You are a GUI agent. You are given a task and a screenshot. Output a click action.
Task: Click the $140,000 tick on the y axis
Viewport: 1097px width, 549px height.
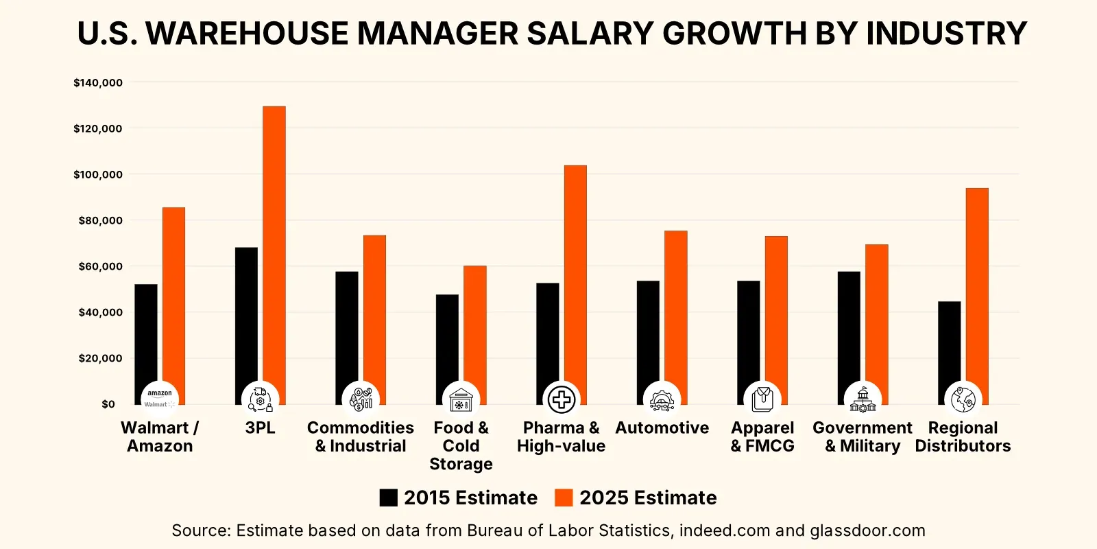click(x=98, y=83)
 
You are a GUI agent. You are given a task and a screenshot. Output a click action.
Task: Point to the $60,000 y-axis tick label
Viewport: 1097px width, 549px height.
click(x=100, y=266)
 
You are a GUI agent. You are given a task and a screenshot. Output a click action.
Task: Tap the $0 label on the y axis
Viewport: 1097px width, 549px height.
click(x=108, y=404)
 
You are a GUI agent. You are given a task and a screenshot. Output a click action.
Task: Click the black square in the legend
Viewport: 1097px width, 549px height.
click(x=389, y=498)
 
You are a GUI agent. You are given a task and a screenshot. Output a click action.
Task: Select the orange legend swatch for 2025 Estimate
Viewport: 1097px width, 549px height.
click(x=564, y=498)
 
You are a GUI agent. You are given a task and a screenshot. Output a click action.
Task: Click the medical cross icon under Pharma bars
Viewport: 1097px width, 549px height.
click(x=561, y=399)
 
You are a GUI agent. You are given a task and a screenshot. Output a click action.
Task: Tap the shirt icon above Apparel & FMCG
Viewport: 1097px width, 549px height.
click(x=762, y=399)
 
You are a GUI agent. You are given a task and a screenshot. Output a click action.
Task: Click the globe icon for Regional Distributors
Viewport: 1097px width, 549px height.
click(x=963, y=399)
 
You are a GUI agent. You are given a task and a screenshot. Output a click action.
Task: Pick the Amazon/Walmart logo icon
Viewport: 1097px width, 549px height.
click(x=160, y=399)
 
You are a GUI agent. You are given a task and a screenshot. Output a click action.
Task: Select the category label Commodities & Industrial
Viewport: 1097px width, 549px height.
click(x=361, y=436)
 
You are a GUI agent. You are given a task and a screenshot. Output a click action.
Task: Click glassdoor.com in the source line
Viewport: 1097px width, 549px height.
click(x=867, y=530)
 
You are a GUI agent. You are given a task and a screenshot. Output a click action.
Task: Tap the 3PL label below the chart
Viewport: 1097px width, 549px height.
click(x=260, y=428)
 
